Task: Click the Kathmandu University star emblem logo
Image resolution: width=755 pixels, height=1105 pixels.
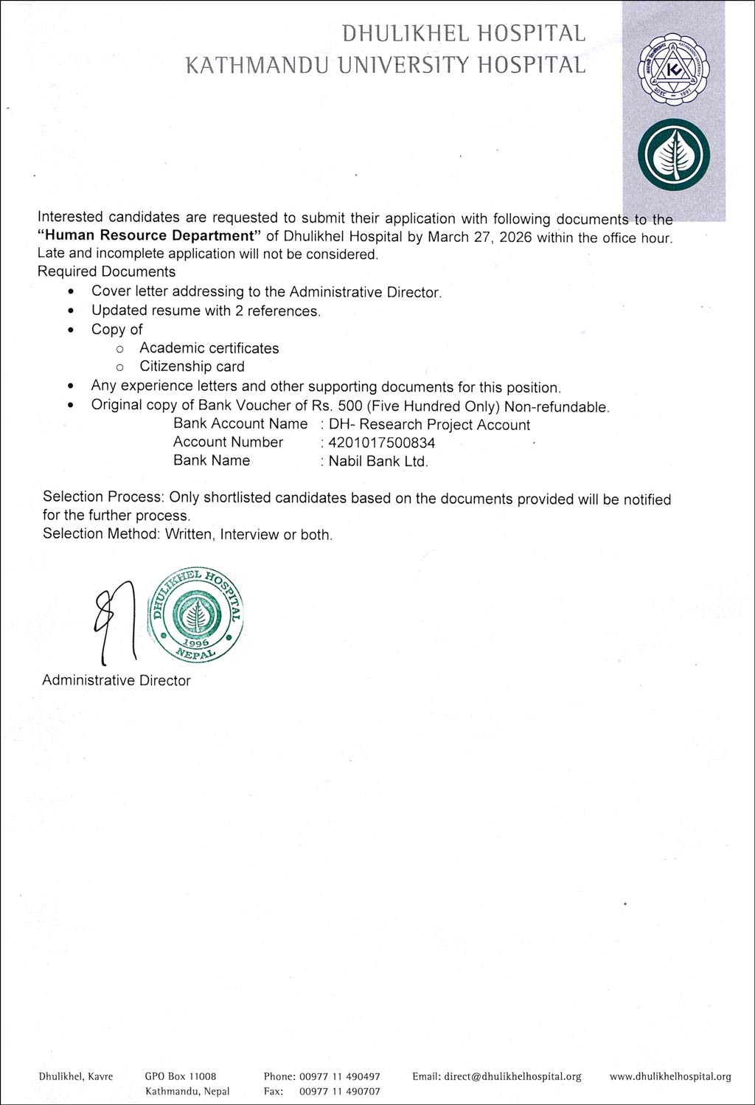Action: (673, 71)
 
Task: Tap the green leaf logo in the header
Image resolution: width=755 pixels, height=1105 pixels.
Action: (673, 155)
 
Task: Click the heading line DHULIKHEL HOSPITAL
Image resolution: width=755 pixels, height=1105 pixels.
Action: (464, 33)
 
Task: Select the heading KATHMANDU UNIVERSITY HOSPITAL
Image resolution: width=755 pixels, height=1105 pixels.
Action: (386, 65)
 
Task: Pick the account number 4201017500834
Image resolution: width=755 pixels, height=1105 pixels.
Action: (381, 443)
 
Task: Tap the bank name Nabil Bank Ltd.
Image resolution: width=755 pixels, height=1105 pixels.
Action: (377, 461)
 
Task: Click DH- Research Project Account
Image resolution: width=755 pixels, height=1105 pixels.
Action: (429, 425)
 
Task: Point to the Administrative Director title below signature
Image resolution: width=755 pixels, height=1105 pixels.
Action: (116, 680)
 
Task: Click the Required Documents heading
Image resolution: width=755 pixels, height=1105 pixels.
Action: (106, 271)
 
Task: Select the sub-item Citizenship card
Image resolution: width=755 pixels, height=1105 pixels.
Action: (192, 367)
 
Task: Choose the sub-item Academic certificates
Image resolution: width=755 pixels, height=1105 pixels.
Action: (209, 348)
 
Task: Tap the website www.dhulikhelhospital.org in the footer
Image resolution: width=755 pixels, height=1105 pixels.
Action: (670, 1076)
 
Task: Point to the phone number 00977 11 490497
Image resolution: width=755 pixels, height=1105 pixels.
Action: (340, 1076)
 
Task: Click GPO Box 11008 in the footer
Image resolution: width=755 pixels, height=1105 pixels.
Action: (181, 1076)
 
